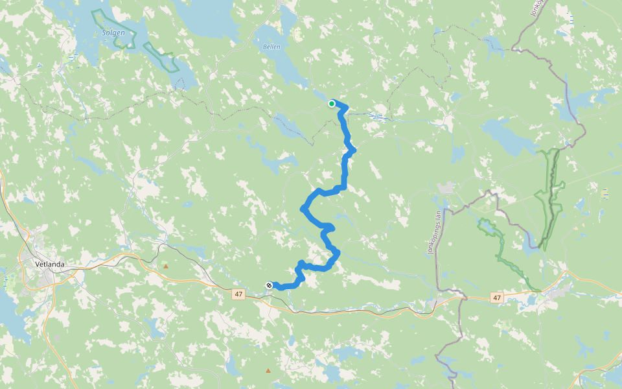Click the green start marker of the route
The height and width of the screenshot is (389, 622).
[332, 104]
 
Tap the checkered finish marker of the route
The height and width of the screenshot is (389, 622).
[269, 285]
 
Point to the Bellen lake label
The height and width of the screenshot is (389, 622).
[272, 47]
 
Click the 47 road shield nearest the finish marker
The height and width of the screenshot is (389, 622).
[238, 294]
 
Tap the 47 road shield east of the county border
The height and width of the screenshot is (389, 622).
[496, 298]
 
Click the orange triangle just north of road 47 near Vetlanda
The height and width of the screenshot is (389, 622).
[166, 266]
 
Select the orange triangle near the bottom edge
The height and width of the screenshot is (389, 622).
[268, 370]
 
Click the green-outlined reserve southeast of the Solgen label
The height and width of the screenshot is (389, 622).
[161, 57]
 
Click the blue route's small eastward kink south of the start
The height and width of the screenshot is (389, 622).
[352, 151]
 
